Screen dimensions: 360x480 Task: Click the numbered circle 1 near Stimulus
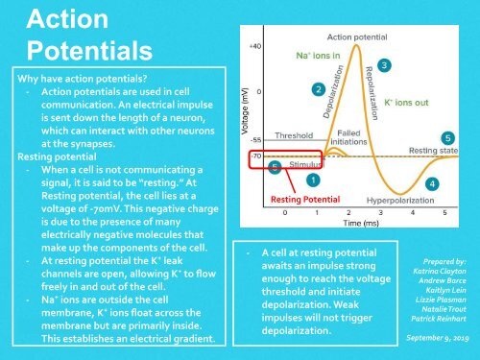coord(314,179)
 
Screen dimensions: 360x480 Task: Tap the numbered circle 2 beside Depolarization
coord(318,88)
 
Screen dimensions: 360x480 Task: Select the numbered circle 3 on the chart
coord(384,65)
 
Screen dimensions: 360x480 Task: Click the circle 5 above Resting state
coord(448,138)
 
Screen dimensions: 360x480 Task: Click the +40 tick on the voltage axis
coord(254,46)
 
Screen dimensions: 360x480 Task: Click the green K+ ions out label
coord(407,100)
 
